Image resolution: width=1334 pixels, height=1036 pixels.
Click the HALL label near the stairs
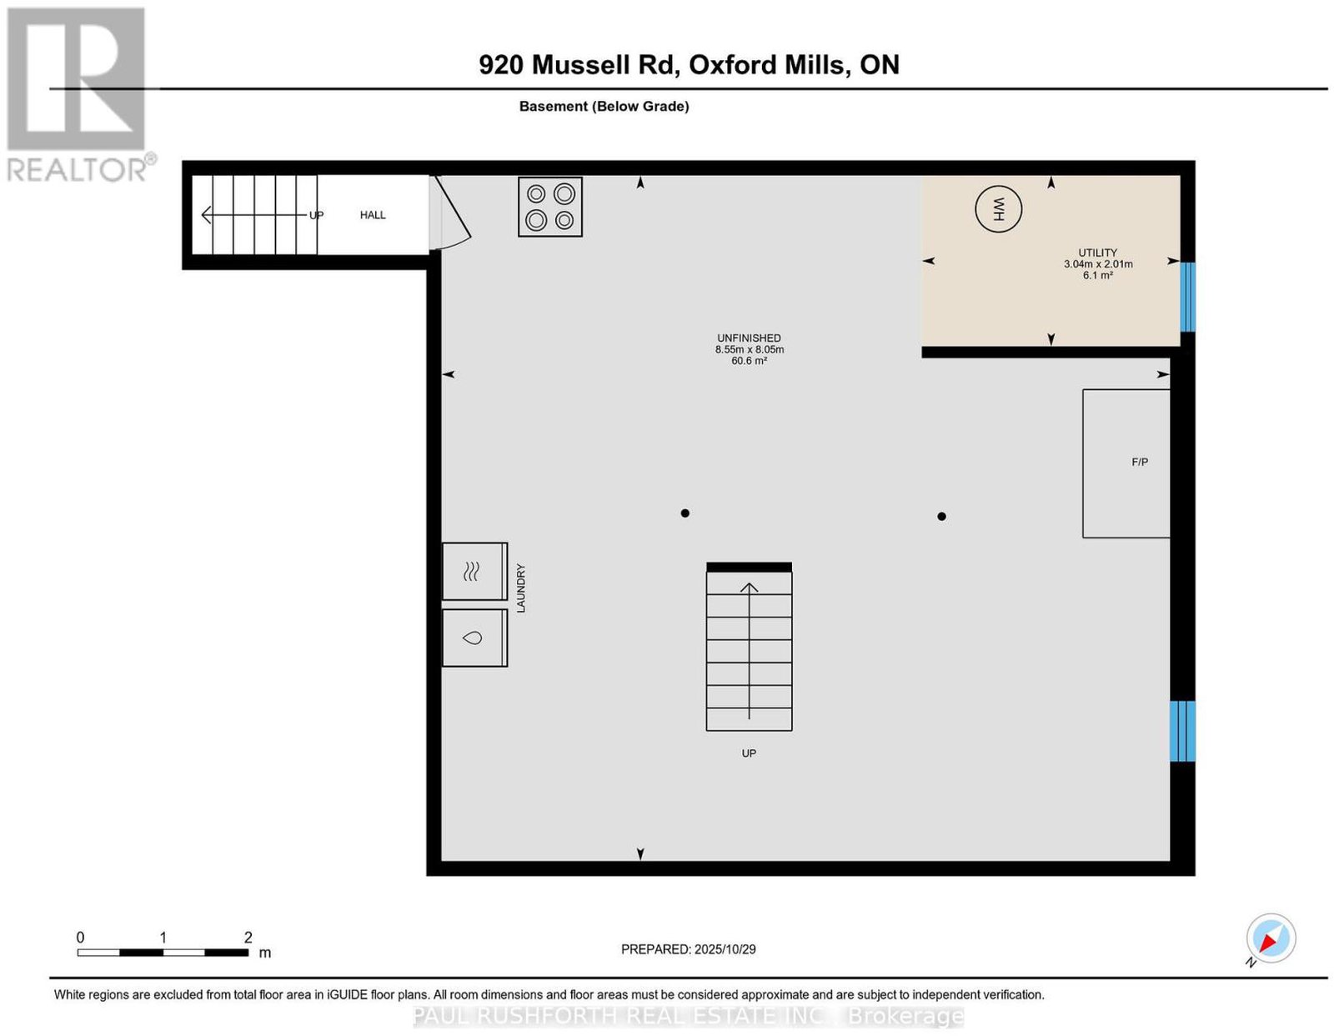(x=372, y=215)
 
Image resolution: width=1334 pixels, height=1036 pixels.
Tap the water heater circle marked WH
(x=998, y=209)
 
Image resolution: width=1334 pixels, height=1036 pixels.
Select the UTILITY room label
(x=1097, y=253)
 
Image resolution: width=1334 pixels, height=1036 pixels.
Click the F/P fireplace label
(x=1140, y=462)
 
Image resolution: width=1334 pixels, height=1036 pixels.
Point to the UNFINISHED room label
(x=749, y=338)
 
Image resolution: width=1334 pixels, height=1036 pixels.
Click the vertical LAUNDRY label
(x=520, y=588)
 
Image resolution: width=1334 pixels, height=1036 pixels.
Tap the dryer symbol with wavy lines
(x=474, y=571)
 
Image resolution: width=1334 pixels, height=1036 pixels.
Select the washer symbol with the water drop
(x=474, y=638)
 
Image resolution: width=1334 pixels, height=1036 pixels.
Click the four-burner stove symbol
(x=549, y=207)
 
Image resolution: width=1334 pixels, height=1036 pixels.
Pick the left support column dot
(x=685, y=513)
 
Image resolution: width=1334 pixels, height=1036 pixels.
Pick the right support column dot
(x=941, y=517)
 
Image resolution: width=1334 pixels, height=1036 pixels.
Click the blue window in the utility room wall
(x=1187, y=297)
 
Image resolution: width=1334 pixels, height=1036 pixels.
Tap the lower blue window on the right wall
(x=1181, y=731)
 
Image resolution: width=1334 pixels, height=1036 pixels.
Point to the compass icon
(x=1270, y=938)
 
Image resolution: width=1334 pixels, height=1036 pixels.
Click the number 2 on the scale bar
(x=248, y=937)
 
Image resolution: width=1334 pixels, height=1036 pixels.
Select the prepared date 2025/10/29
(x=725, y=948)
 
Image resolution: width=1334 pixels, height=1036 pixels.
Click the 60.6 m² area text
(x=749, y=361)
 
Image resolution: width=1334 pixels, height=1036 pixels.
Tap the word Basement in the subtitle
(x=553, y=106)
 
